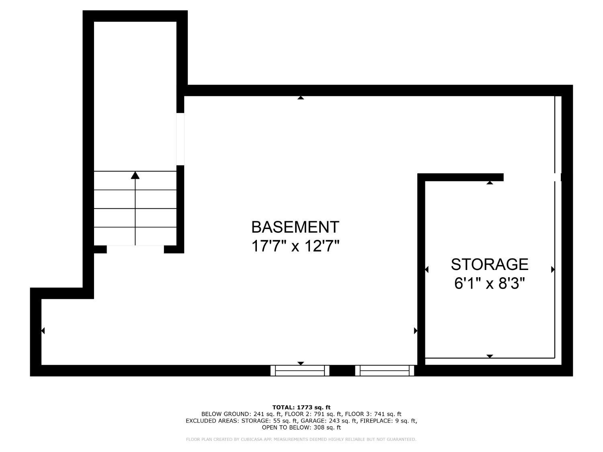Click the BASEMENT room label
(295, 227)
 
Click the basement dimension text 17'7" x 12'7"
(295, 246)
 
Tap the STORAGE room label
(489, 264)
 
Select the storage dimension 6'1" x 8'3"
(489, 284)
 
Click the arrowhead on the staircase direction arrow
(135, 175)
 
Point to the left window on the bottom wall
(300, 370)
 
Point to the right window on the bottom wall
(385, 370)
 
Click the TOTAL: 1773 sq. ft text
(301, 407)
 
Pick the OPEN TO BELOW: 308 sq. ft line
(301, 427)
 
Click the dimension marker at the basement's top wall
(301, 98)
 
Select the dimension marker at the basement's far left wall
(43, 331)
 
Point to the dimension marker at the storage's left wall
(427, 269)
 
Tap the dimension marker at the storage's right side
(553, 269)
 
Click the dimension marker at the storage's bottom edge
(490, 356)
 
